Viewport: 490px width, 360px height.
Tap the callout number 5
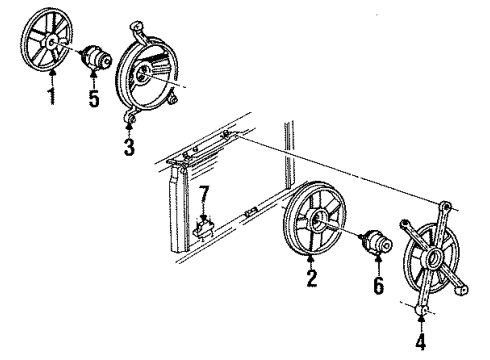(x=93, y=101)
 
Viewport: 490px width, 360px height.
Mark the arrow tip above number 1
(x=49, y=85)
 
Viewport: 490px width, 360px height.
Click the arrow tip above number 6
(x=379, y=266)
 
